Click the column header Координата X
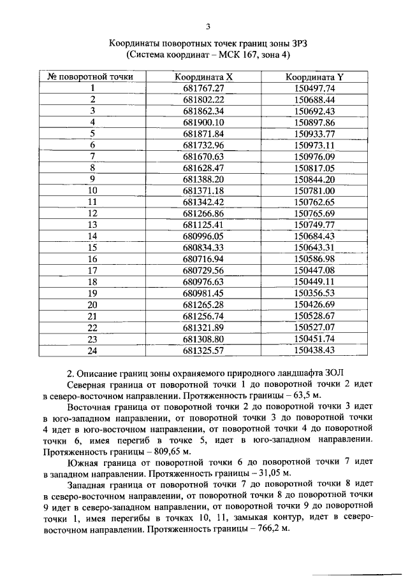click(x=204, y=78)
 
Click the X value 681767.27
click(x=204, y=88)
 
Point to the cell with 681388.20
click(x=204, y=179)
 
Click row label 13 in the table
click(x=92, y=225)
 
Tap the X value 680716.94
click(x=204, y=259)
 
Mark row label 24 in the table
click(x=92, y=350)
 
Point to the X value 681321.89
click(x=204, y=327)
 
